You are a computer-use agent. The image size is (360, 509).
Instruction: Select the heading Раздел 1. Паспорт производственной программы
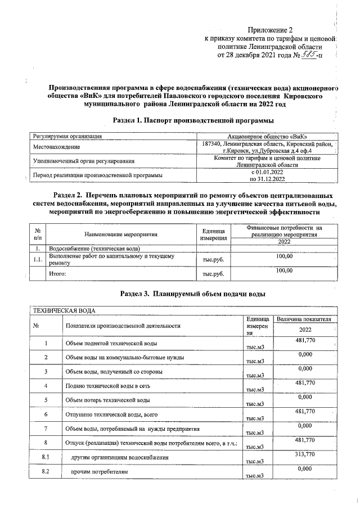[x=186, y=121]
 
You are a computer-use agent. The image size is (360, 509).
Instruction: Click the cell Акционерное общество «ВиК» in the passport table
[x=271, y=136]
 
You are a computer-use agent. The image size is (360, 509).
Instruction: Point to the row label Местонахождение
[x=56, y=147]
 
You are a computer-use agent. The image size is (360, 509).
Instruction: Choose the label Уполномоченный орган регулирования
[x=84, y=161]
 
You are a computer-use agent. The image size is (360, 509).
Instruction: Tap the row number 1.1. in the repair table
[x=37, y=259]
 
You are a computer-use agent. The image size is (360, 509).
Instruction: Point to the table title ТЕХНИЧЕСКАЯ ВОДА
[x=64, y=310]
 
